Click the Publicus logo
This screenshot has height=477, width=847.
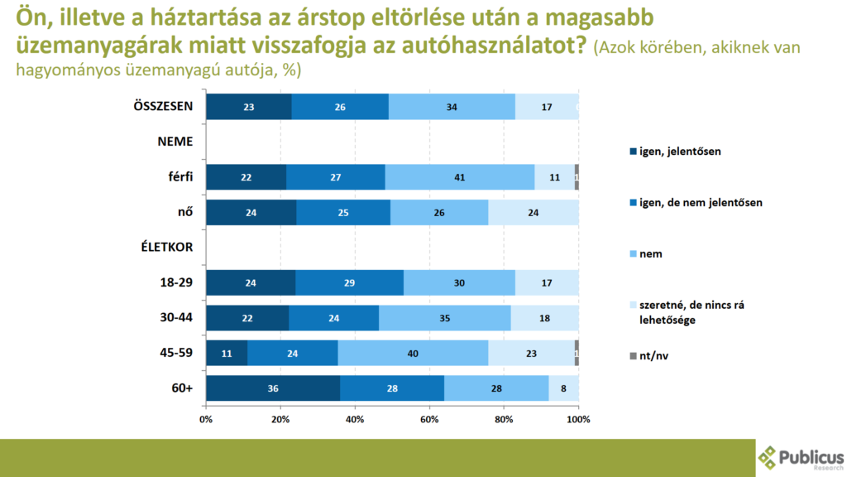802,457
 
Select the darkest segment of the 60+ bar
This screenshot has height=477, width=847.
273,388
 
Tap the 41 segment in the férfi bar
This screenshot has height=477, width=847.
460,177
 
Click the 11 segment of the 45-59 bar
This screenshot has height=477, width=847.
227,353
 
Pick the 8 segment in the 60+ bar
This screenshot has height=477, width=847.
563,388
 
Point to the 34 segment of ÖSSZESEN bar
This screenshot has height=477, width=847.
452,107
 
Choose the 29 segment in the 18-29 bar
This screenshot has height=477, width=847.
349,282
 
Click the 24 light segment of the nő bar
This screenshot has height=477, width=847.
534,212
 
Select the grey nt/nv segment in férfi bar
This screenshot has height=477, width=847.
577,177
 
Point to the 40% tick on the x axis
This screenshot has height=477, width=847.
355,420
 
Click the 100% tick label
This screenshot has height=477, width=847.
578,420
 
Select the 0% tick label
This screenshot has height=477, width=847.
206,420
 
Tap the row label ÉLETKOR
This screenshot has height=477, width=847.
169,247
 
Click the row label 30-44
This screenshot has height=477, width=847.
175,317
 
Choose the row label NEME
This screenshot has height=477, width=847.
175,142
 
